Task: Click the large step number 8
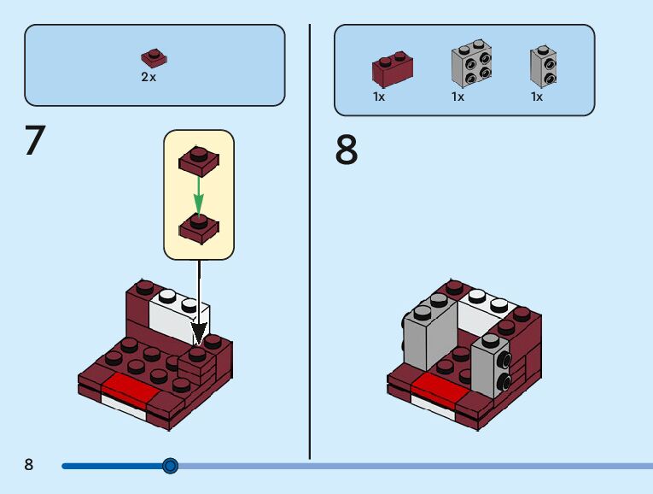pos(347,150)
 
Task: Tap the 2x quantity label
pos(149,77)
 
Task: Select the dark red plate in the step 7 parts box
pos(154,59)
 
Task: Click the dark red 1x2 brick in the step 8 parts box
pos(393,69)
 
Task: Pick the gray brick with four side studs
pos(471,64)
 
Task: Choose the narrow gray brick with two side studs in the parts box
pos(543,66)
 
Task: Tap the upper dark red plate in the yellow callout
pos(198,160)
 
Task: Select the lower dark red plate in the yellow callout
pos(198,226)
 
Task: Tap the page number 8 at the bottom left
pos(29,465)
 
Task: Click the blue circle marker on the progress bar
pos(170,466)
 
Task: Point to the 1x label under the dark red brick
pos(379,97)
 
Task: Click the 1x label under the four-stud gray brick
pos(458,97)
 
